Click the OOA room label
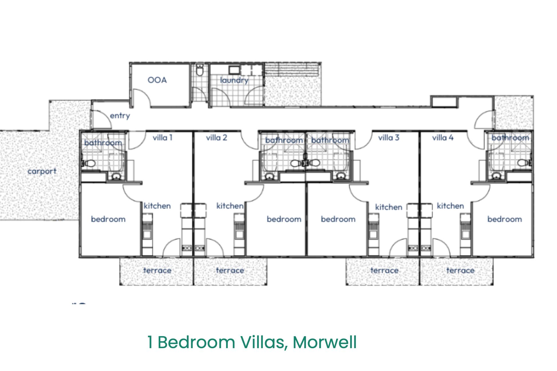click(x=157, y=80)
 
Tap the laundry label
click(x=234, y=80)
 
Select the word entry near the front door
click(x=120, y=116)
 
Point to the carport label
click(x=42, y=171)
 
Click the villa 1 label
click(x=163, y=138)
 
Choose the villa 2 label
click(x=217, y=138)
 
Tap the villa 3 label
click(x=389, y=138)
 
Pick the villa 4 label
click(x=443, y=138)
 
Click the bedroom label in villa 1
click(x=108, y=219)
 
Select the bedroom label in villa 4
click(x=505, y=219)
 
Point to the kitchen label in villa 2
click(x=230, y=206)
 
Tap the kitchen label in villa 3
click(x=389, y=207)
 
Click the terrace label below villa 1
click(x=157, y=270)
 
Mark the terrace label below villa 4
click(x=460, y=270)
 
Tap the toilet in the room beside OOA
click(x=200, y=70)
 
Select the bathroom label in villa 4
click(x=510, y=138)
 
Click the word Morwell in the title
click(x=325, y=342)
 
